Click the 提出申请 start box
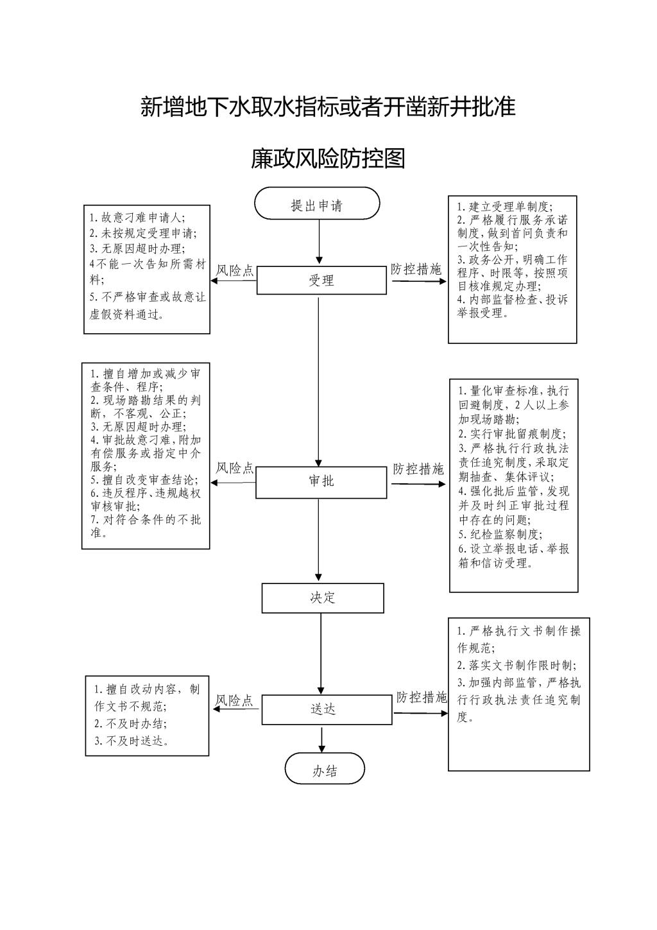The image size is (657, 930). click(317, 203)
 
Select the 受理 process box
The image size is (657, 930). click(321, 280)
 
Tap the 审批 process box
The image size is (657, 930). click(321, 482)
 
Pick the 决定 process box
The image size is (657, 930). click(323, 598)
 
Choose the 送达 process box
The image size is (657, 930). click(327, 710)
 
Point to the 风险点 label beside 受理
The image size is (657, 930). click(234, 271)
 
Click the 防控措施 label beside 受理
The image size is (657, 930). click(416, 270)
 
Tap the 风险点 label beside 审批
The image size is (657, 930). click(234, 469)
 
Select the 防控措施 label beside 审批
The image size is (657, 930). click(418, 469)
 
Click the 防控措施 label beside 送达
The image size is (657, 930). click(422, 697)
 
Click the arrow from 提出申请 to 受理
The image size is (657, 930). click(319, 242)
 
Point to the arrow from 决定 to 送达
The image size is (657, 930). click(321, 653)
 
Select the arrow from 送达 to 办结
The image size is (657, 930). click(321, 739)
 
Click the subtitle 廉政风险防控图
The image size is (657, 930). click(328, 159)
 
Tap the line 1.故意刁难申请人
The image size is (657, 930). click(137, 218)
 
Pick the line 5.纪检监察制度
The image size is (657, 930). click(500, 534)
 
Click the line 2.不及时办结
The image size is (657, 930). click(131, 724)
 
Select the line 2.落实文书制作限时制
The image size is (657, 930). click(516, 666)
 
